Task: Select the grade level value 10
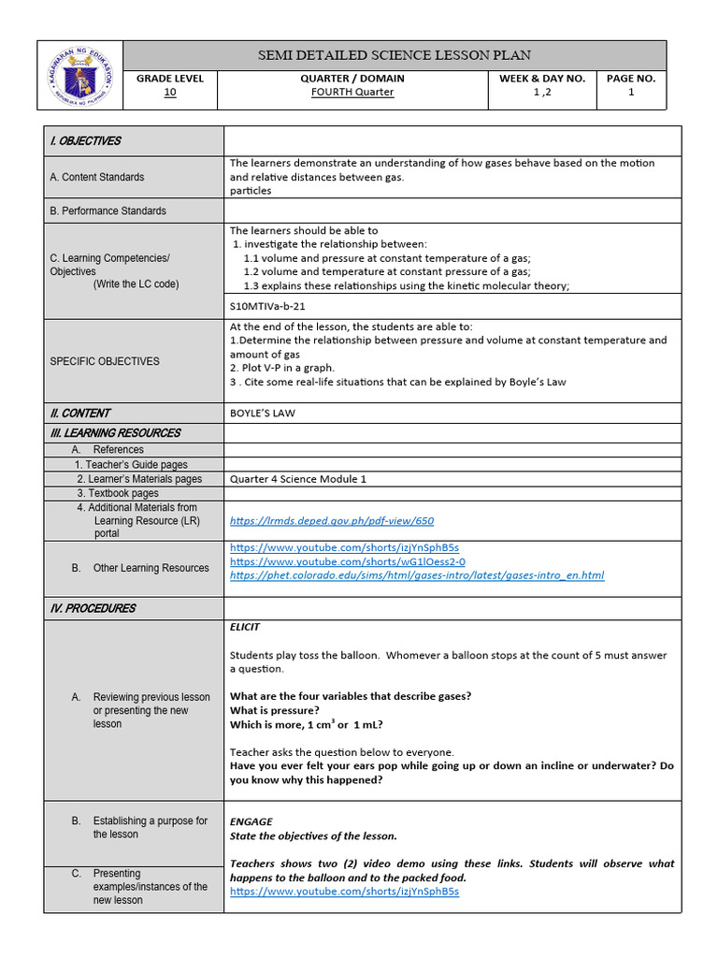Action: [x=169, y=93]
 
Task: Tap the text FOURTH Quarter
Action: [x=352, y=93]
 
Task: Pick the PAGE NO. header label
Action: [x=631, y=79]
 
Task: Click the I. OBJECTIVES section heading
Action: [x=85, y=141]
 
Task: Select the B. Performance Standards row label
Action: [x=108, y=211]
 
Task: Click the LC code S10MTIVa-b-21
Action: [x=268, y=305]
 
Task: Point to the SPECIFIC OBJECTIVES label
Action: [x=105, y=361]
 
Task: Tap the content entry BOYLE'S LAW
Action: [x=263, y=413]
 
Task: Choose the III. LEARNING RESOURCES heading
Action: [x=115, y=433]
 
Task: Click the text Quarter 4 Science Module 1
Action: [x=298, y=479]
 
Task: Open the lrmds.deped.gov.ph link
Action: [x=332, y=521]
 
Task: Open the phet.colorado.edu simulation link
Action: [x=417, y=575]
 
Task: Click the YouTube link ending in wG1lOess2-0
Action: [x=347, y=561]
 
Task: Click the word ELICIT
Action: [x=245, y=627]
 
